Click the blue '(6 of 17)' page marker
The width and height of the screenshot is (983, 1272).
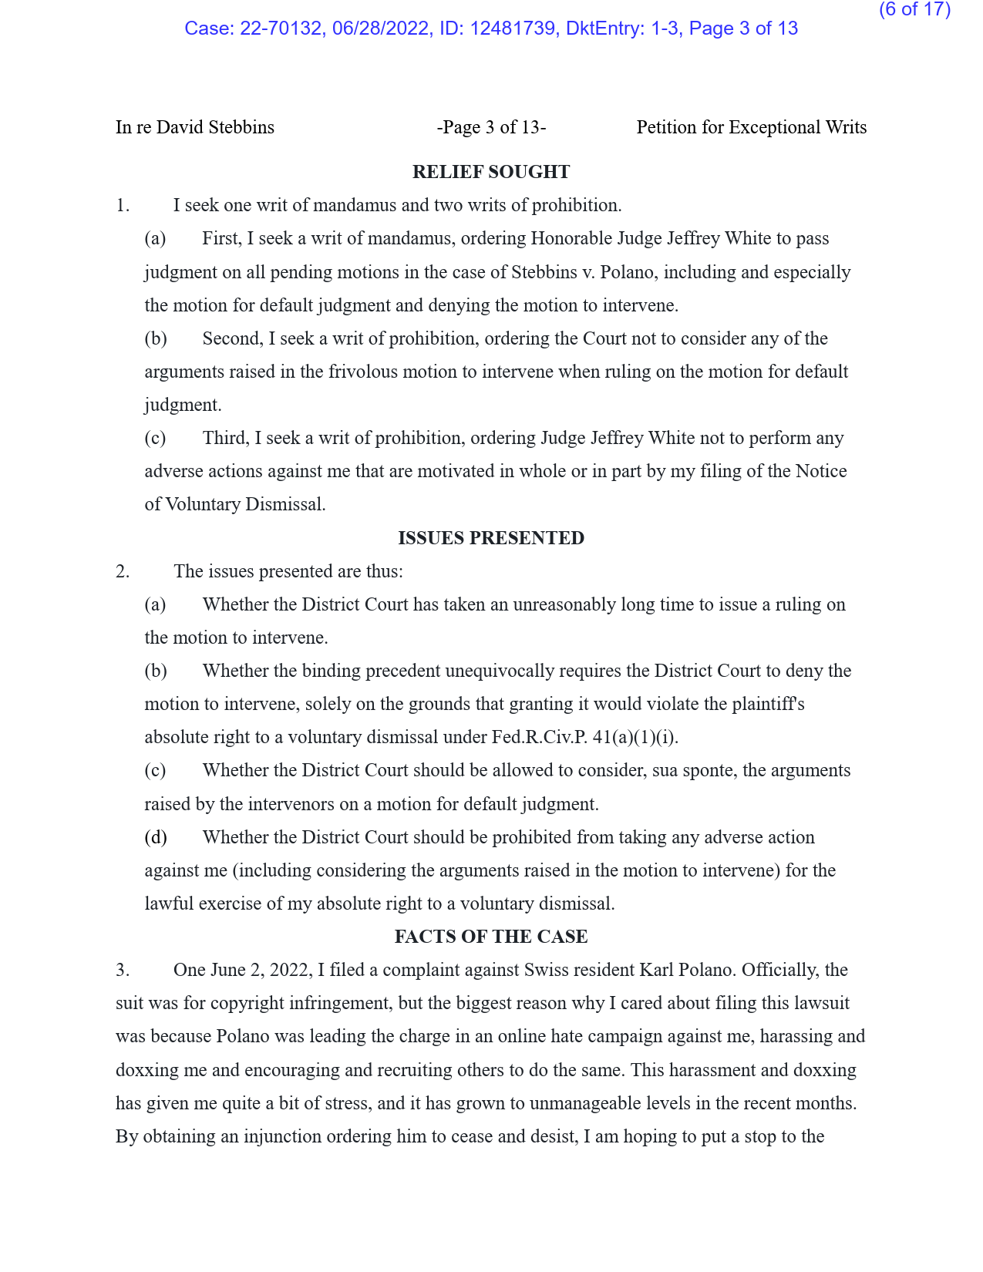914,10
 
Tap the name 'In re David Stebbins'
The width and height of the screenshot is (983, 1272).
195,127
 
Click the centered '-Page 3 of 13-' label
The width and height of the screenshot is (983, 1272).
491,127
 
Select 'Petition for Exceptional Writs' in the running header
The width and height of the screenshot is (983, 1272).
751,127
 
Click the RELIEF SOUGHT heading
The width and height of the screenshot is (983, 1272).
491,172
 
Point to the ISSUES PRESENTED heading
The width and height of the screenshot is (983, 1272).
491,538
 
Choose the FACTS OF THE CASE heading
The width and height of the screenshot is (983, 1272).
491,937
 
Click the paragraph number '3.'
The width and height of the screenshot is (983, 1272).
123,970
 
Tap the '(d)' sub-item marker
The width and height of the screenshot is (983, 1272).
156,837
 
